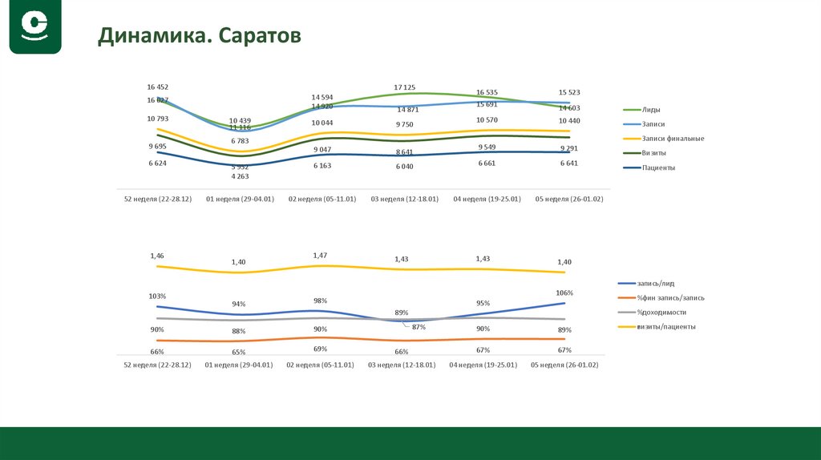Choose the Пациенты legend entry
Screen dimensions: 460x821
coord(657,167)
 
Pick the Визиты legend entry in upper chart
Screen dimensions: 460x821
coord(653,153)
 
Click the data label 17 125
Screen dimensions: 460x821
coord(404,87)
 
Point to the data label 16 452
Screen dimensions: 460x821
coord(158,87)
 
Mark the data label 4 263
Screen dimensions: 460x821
coord(240,176)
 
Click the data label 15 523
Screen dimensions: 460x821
coord(568,92)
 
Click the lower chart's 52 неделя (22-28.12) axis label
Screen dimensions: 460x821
coord(156,365)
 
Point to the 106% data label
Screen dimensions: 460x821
coord(566,293)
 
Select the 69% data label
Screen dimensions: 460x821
coord(320,349)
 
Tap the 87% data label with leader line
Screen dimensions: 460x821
coord(419,327)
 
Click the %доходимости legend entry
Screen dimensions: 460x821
coord(661,312)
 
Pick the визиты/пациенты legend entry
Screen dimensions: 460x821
coord(666,326)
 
